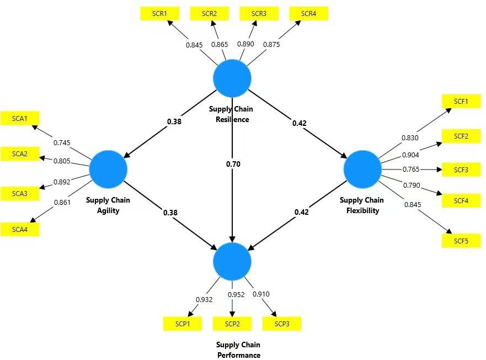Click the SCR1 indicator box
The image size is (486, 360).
pos(159,14)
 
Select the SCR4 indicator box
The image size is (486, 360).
pos(309,14)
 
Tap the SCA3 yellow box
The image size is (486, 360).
pos(20,193)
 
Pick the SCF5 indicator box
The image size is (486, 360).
pos(461,241)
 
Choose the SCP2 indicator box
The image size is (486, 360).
pos(232,324)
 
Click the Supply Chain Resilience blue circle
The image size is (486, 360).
pos(232,78)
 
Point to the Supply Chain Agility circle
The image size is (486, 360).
pos(108,168)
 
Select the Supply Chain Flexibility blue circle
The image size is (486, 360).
pos(362,168)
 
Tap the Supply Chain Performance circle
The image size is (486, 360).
pos(232,261)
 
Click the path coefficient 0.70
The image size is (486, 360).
pos(233,164)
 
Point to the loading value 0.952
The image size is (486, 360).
pos(236,295)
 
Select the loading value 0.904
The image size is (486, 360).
pos(410,155)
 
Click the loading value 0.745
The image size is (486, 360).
pos(62,143)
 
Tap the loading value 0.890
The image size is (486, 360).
pos(245,44)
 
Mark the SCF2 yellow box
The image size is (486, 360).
pos(461,136)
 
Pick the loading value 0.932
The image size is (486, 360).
pos(204,300)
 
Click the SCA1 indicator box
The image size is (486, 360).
pos(20,118)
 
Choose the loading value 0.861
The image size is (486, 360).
pos(62,203)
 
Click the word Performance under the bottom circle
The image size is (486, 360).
pos(238,355)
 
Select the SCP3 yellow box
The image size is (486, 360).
pos(282,324)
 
